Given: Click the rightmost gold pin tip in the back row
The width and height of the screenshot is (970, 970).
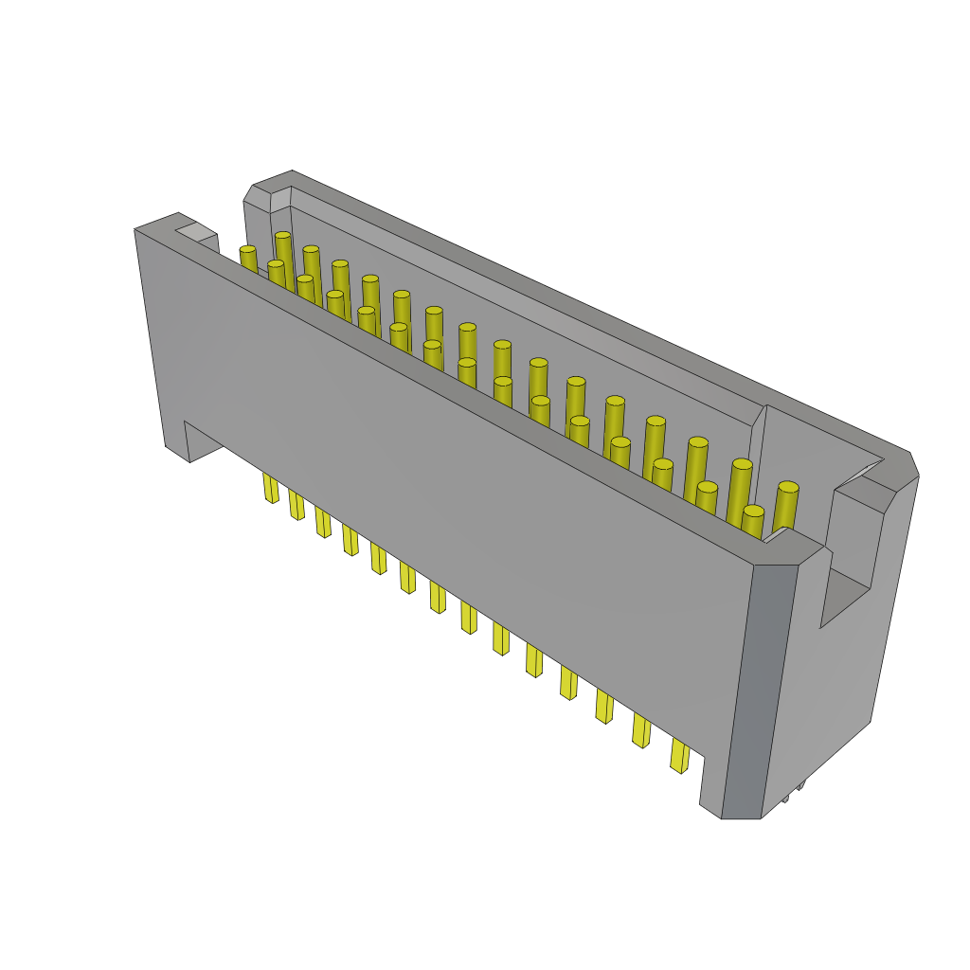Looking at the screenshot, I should point(788,487).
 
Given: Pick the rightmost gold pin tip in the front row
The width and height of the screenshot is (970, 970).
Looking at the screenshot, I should point(753,512).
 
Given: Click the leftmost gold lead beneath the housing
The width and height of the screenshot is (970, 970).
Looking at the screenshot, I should point(271,488).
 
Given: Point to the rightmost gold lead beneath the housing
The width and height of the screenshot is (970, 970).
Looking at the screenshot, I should point(679,756).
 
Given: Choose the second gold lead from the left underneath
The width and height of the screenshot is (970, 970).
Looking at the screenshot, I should point(296,505).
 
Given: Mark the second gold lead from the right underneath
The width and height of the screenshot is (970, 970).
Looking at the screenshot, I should point(641,730).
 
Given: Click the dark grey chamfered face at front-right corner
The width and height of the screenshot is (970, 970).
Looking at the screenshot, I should point(758,692).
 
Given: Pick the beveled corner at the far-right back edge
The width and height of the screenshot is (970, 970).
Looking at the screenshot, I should point(913,464).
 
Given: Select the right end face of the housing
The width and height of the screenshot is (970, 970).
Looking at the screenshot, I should point(834,663).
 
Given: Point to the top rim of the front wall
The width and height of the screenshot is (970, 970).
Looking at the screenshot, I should point(474,388).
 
